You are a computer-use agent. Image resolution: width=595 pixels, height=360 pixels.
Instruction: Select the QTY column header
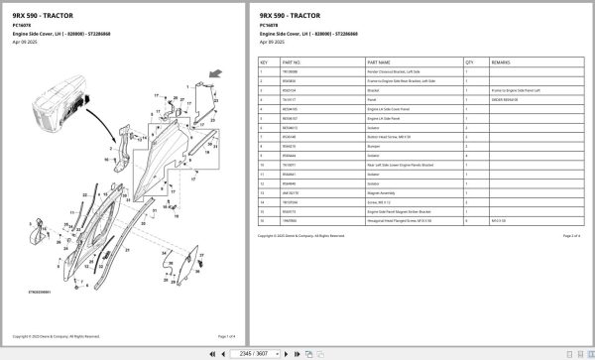(x=469, y=60)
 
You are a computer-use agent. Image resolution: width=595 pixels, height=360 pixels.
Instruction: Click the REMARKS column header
(x=502, y=60)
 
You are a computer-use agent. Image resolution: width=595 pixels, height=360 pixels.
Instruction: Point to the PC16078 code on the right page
(x=270, y=26)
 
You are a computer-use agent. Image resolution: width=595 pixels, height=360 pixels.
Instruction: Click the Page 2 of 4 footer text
(x=570, y=236)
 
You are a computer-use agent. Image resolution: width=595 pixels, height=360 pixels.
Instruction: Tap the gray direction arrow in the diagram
(x=214, y=72)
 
